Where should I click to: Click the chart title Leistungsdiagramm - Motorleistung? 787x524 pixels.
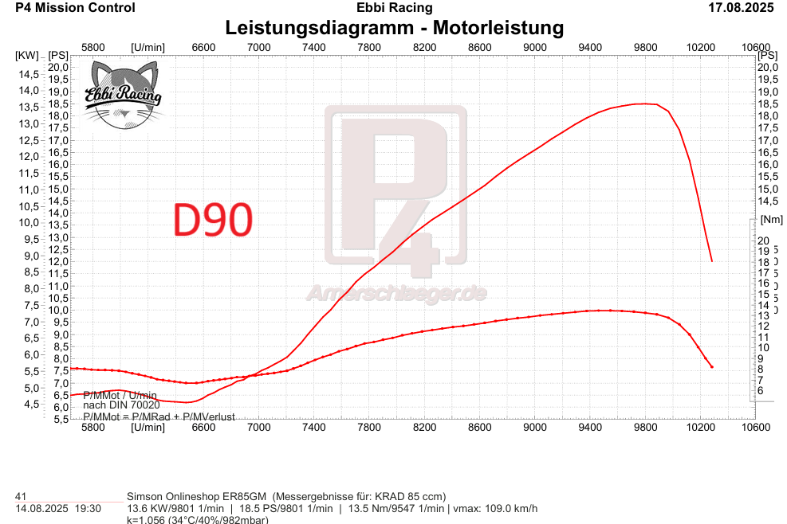394,28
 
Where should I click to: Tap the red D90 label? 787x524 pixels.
213,221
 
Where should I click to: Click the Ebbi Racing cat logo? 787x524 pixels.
123,95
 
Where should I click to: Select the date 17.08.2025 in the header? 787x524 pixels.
741,8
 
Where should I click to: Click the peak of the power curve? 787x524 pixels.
644,104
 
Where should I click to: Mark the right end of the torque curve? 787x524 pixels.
711,367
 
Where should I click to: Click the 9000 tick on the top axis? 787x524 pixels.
534,47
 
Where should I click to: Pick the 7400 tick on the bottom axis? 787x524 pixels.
314,427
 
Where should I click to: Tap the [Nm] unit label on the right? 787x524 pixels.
771,219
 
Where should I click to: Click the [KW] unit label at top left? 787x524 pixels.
26,56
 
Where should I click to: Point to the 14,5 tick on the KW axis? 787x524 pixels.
29,74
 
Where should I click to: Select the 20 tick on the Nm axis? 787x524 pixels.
762,240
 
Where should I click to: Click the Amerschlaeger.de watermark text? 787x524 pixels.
396,294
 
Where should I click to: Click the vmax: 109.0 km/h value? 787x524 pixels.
495,509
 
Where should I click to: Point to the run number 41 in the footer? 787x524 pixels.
22,496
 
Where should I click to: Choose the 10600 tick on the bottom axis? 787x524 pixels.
755,427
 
